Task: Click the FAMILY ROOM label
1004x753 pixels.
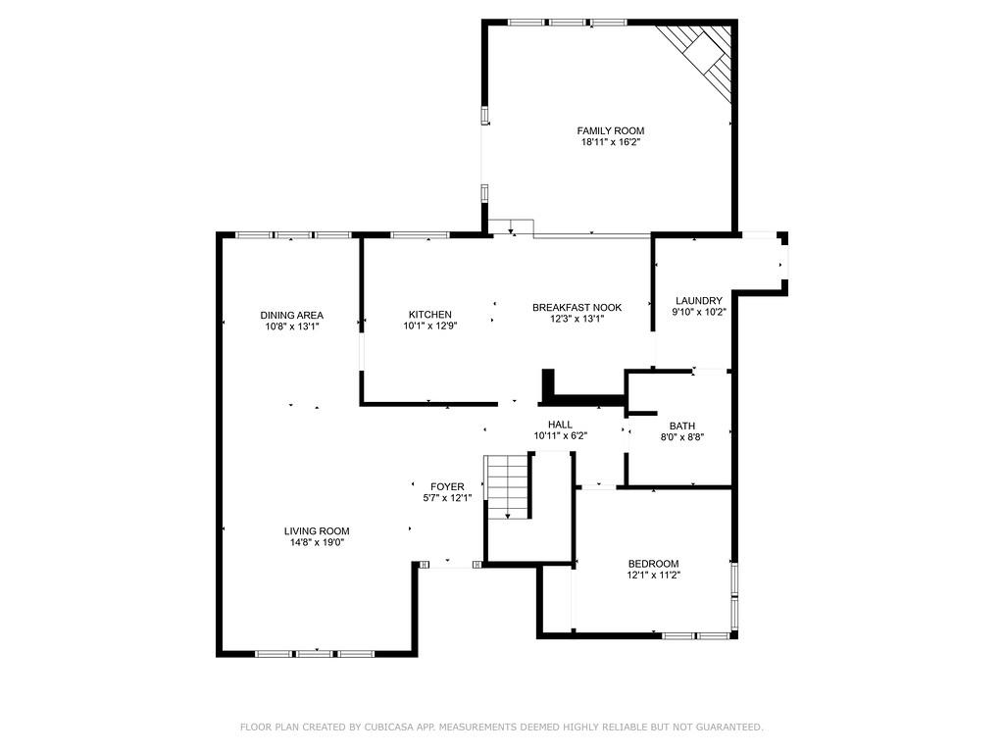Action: pyautogui.click(x=610, y=130)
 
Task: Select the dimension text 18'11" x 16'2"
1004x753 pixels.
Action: pyautogui.click(x=610, y=142)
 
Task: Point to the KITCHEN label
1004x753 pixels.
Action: pyautogui.click(x=429, y=315)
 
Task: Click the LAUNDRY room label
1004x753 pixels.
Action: pyautogui.click(x=698, y=301)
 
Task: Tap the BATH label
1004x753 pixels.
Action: pyautogui.click(x=681, y=426)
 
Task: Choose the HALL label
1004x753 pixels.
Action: pyautogui.click(x=560, y=425)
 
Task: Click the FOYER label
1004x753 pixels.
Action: pyautogui.click(x=447, y=486)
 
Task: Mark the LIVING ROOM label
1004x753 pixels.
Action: pyautogui.click(x=316, y=530)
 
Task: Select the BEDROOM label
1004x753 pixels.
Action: pyautogui.click(x=653, y=563)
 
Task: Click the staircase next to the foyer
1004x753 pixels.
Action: pyautogui.click(x=508, y=486)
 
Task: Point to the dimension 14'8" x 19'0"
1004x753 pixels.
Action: pyautogui.click(x=316, y=542)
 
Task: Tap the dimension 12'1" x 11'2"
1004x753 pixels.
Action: pyautogui.click(x=653, y=575)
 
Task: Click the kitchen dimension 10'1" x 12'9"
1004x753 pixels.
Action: pyautogui.click(x=429, y=326)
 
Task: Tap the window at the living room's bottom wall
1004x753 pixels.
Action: pyautogui.click(x=314, y=653)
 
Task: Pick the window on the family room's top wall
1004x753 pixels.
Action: pyautogui.click(x=568, y=22)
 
